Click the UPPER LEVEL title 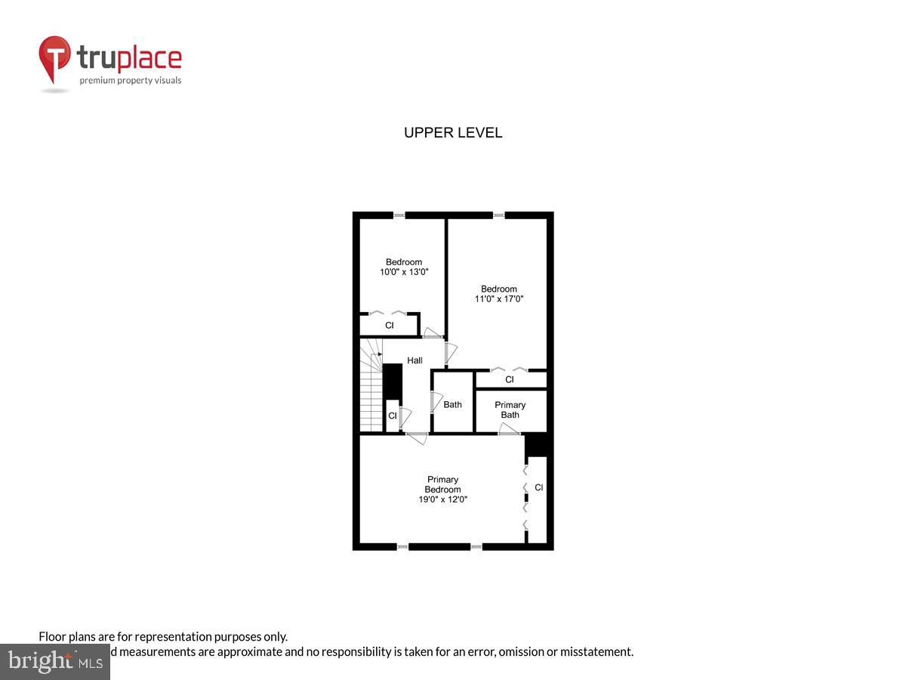point(453,133)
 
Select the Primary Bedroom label point(442,484)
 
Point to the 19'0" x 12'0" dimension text point(442,499)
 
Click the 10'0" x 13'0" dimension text point(404,272)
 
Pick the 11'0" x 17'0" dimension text point(499,298)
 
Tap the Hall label point(414,360)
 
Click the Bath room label point(452,404)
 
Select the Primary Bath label point(510,410)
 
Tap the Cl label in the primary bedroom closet point(538,487)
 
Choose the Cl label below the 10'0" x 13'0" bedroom point(390,326)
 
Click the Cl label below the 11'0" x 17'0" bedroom point(510,379)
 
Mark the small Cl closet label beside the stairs point(392,416)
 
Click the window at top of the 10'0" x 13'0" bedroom point(399,215)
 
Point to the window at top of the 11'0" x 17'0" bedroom point(498,215)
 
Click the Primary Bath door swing point(507,428)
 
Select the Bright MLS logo point(54,662)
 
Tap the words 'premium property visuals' point(131,80)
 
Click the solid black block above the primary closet point(538,444)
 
